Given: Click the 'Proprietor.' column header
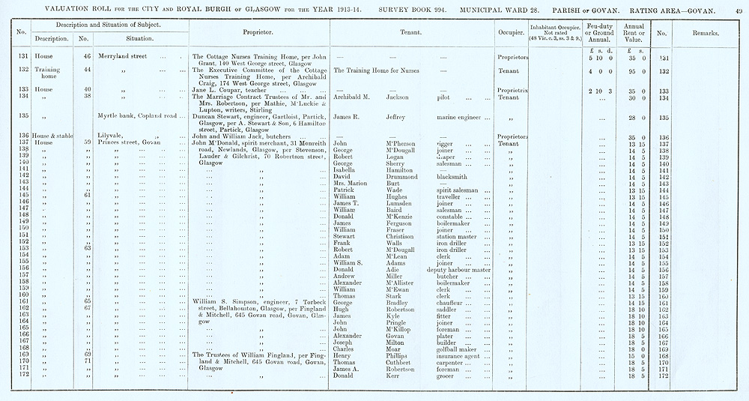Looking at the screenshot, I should [258, 33].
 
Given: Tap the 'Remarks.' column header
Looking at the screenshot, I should [705, 34].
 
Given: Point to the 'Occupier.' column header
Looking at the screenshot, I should [510, 33].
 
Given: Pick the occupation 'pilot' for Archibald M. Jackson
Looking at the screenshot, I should [452, 97].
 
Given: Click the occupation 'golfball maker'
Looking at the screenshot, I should [457, 349].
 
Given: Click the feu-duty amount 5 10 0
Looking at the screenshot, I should [601, 57].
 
